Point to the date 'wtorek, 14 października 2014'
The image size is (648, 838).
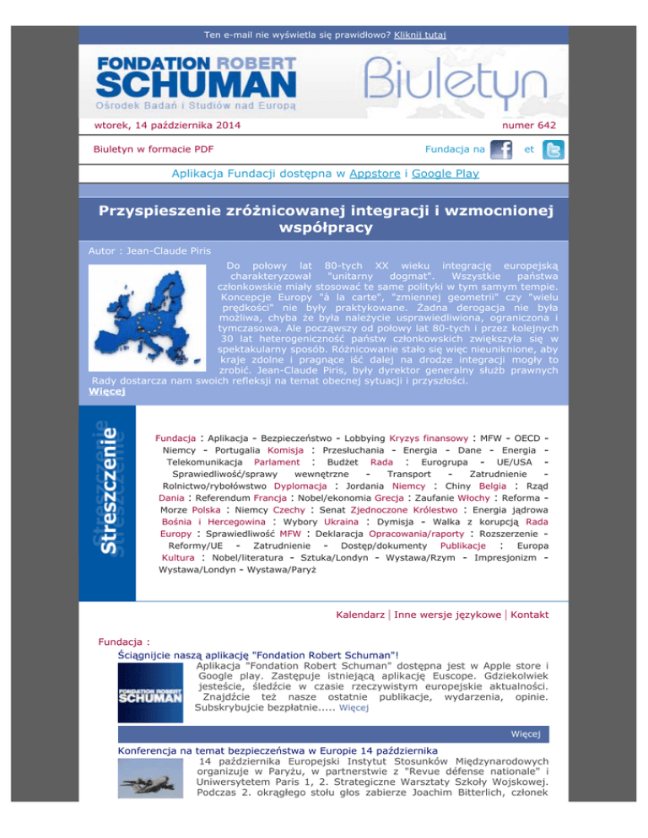pyautogui.click(x=166, y=126)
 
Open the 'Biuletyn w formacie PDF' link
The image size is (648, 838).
pyautogui.click(x=152, y=149)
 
